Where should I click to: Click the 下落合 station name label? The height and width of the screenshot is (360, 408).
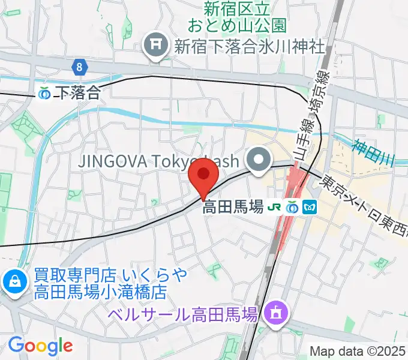point(77,92)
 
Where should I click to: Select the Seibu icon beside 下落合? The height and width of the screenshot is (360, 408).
point(44,93)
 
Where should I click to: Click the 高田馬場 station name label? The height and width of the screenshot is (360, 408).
point(233,208)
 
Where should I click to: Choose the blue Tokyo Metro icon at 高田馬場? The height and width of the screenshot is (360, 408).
point(310,207)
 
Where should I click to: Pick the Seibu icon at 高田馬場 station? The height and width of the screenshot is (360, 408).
point(293,207)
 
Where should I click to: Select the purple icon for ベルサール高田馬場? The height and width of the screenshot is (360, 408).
point(277,313)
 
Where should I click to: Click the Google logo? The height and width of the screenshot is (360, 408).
point(40,345)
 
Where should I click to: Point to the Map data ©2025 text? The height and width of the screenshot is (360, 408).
point(358,351)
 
